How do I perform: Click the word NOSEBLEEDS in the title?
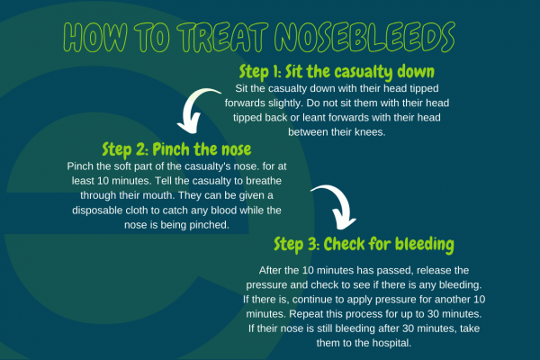point(364,37)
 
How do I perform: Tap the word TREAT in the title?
point(223,37)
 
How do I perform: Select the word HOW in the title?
point(95,37)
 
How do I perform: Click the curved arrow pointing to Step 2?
point(195,109)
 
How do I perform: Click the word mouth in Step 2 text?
point(161,195)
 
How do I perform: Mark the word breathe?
point(263,181)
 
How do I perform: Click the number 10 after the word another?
point(480,300)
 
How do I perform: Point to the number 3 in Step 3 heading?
point(312,244)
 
